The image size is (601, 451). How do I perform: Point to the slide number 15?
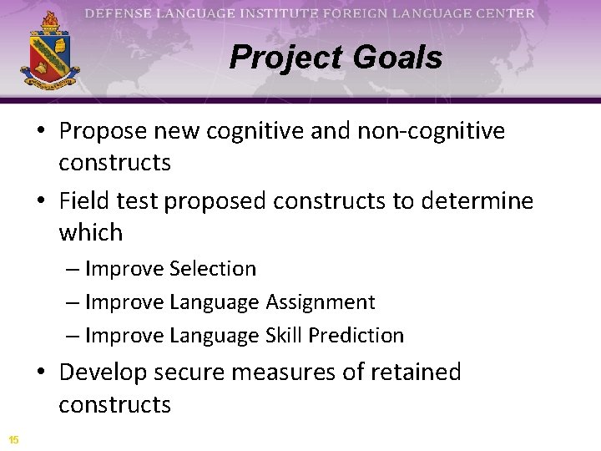pyautogui.click(x=14, y=439)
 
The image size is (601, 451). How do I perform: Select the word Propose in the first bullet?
pyautogui.click(x=99, y=131)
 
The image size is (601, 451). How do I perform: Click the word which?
pyautogui.click(x=90, y=232)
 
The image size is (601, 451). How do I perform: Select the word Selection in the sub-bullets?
pyautogui.click(x=212, y=269)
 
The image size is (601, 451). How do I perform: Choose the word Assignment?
pyautogui.click(x=321, y=302)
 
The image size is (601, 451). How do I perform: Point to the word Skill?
pyautogui.click(x=284, y=336)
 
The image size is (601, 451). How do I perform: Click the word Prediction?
pyautogui.click(x=356, y=336)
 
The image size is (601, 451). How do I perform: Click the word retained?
pyautogui.click(x=414, y=372)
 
